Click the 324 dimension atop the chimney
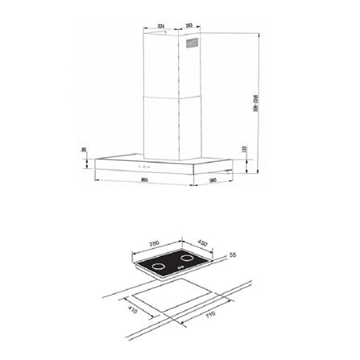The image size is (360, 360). point(162,26)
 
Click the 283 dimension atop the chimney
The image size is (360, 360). point(188,26)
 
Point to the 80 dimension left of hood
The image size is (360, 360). point(84,151)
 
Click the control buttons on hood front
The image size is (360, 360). point(114,168)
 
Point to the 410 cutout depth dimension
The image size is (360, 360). point(133,308)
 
